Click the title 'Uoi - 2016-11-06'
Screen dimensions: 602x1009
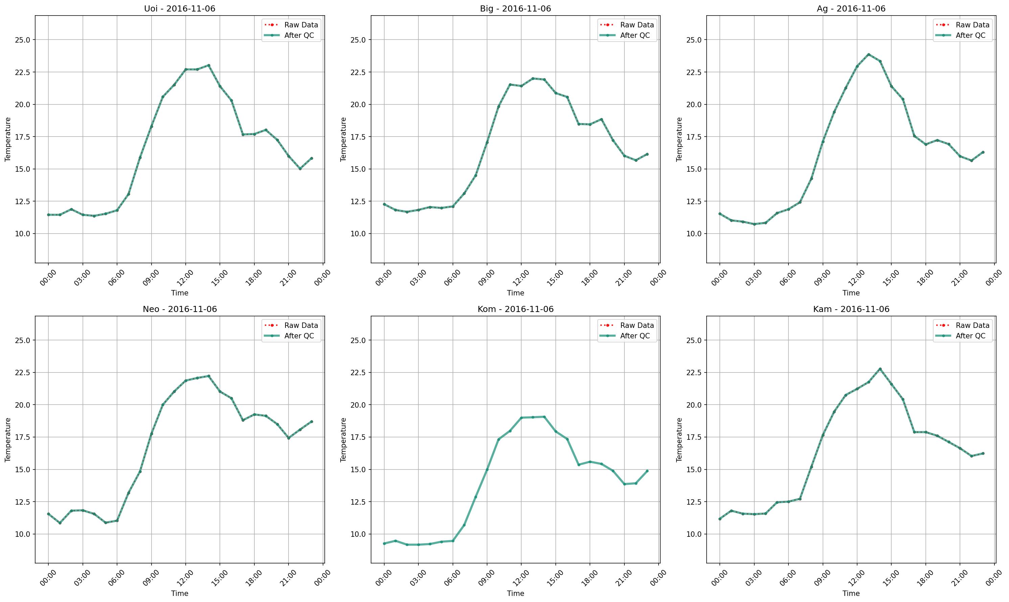tap(179, 8)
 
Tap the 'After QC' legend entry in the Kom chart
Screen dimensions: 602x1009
tap(635, 336)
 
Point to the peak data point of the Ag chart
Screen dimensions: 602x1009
tap(869, 54)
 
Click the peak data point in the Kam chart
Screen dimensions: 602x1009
tap(880, 369)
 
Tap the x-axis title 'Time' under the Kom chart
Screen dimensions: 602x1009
tap(515, 593)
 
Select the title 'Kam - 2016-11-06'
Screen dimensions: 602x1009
tap(851, 309)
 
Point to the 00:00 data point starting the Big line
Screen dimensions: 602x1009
tap(384, 204)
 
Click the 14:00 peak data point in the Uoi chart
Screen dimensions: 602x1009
tap(209, 65)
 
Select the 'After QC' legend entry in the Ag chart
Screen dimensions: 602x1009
tap(970, 35)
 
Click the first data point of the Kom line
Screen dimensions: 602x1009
tap(384, 544)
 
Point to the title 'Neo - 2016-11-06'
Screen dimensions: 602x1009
tap(179, 309)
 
